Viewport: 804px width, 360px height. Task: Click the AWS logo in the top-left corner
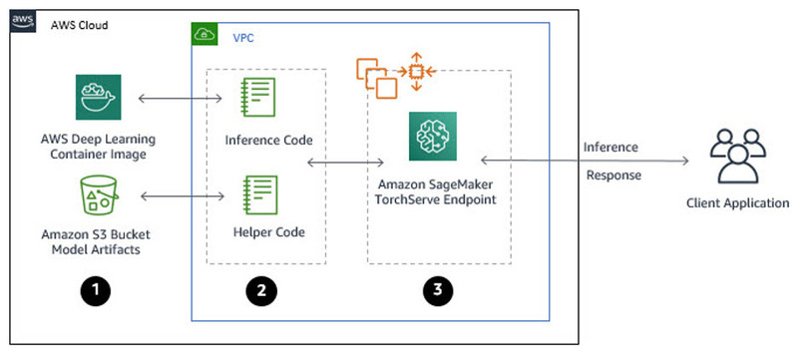[22, 22]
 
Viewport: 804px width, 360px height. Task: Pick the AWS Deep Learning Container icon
[99, 97]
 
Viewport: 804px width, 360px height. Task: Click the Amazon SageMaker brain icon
[431, 137]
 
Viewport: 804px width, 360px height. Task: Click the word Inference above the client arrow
[611, 148]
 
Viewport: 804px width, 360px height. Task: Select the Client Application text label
[737, 204]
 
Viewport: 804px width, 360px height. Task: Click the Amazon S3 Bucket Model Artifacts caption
[99, 240]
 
